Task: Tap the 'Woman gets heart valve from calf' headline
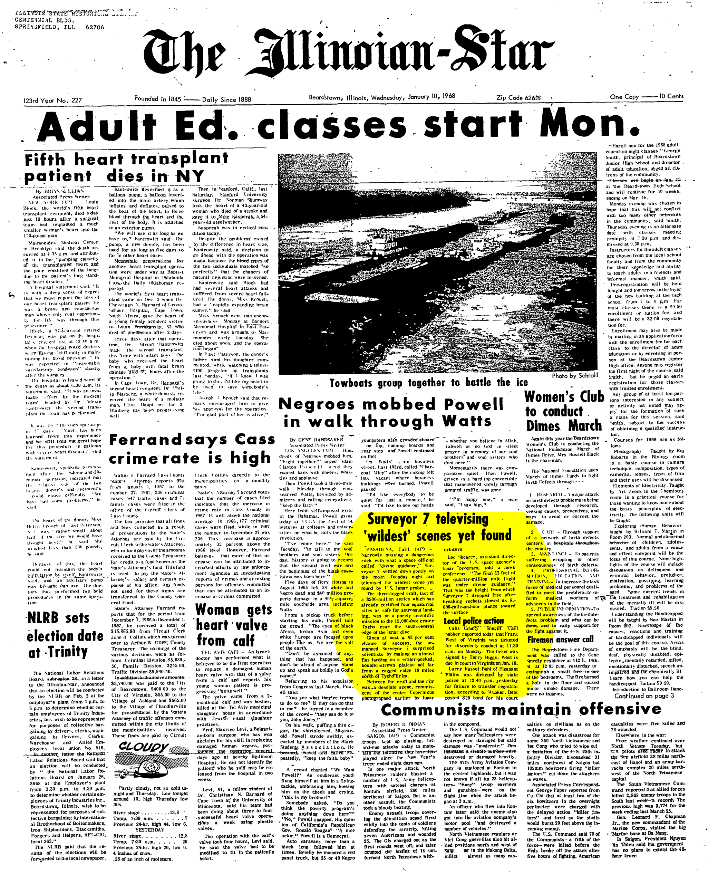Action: click(x=233, y=625)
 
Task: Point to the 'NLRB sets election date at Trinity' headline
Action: click(x=65, y=635)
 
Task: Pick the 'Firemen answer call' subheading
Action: click(x=560, y=639)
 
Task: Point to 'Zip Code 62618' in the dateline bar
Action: click(x=518, y=98)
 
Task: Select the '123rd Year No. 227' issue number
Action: click(x=52, y=100)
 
